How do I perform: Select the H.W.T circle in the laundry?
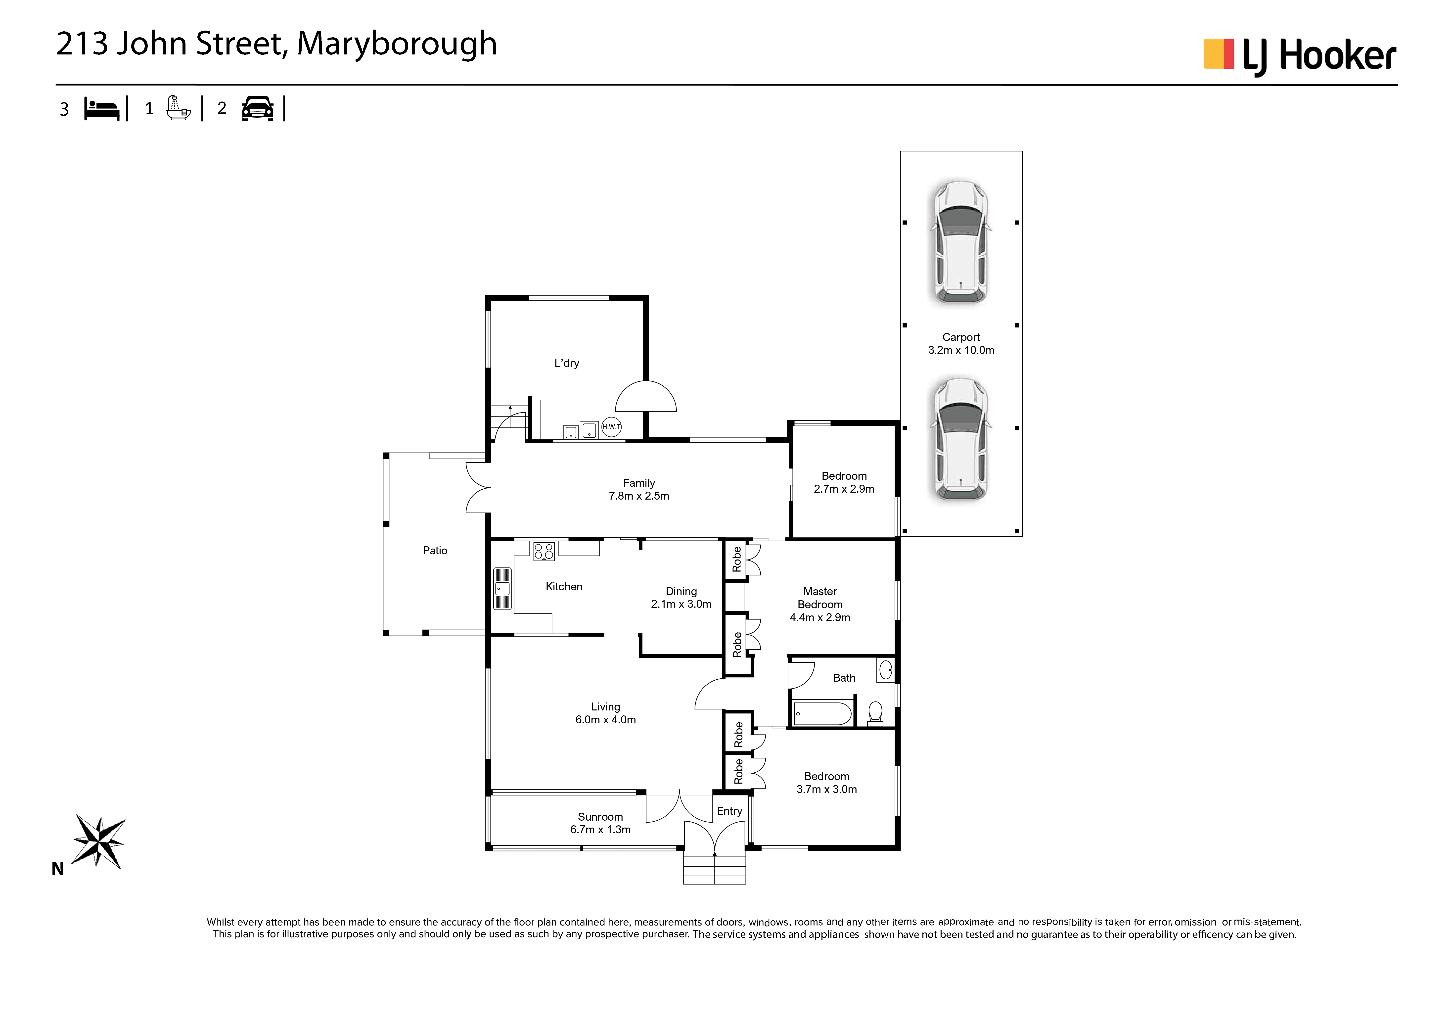coord(611,427)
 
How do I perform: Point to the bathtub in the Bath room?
coord(823,714)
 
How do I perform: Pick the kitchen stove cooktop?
coord(543,551)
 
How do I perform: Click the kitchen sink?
coord(502,588)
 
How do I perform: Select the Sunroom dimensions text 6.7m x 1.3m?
coord(600,830)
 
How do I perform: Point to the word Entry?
coord(729,811)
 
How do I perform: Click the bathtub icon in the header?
coord(178,108)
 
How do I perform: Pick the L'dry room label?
coord(567,363)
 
